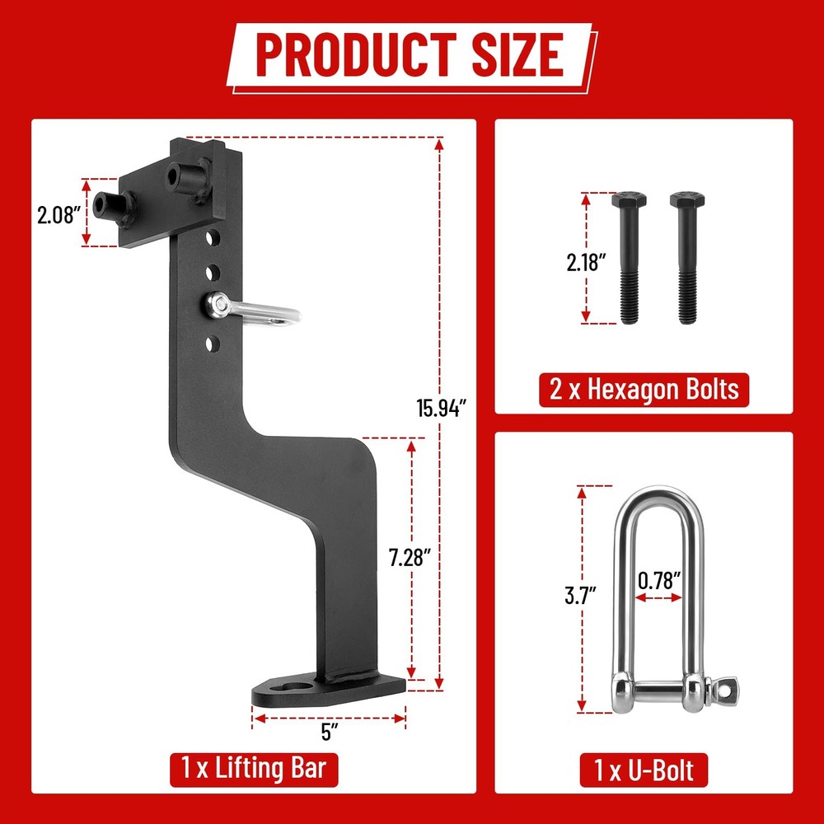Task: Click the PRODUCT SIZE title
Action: pos(410,55)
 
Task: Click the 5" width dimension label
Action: pos(329,732)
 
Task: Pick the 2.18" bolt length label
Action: pos(586,263)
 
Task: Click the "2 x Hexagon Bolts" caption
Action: pos(644,388)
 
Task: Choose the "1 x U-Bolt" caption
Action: pos(644,770)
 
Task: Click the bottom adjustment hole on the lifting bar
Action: pos(212,341)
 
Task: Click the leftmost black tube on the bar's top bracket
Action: pos(108,204)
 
